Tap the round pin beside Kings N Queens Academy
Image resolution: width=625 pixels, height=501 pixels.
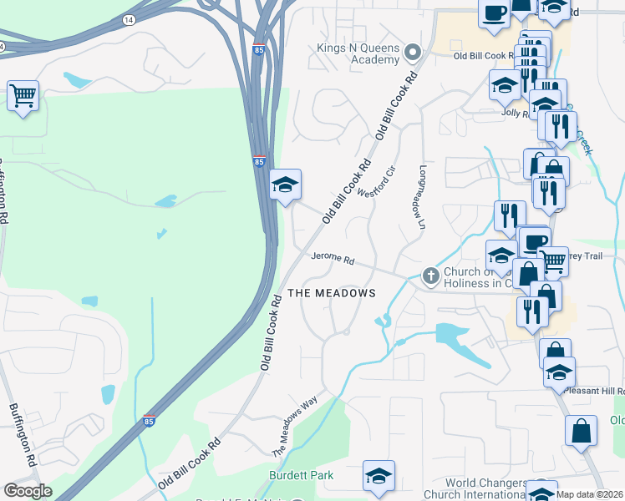point(411,53)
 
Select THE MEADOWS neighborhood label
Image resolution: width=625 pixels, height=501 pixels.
point(332,293)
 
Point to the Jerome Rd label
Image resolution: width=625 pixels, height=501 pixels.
point(333,260)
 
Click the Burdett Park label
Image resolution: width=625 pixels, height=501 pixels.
point(301,476)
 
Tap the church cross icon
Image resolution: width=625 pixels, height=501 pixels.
point(430,276)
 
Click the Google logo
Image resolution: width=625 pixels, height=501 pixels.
point(28,491)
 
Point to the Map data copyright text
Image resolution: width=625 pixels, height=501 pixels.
point(590,494)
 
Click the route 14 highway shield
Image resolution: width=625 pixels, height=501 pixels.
point(128,18)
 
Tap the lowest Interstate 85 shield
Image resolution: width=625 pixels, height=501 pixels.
point(149,423)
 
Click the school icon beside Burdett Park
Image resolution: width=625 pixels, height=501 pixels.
point(379,476)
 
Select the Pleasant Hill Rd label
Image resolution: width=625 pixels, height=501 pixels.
point(595,391)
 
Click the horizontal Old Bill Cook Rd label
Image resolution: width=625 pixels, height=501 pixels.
point(486,55)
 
